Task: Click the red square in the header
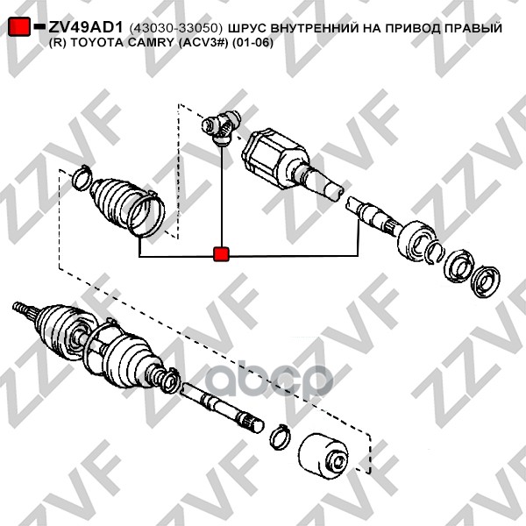click(19, 26)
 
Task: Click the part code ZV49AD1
click(86, 27)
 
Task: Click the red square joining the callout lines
click(221, 254)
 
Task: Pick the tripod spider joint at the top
click(221, 128)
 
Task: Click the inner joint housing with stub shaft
click(288, 165)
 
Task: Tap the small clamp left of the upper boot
click(82, 178)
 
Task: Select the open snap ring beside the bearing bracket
click(435, 252)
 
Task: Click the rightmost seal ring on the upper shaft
click(485, 281)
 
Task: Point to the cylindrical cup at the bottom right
click(323, 457)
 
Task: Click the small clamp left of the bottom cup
click(281, 437)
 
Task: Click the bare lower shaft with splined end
click(222, 408)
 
